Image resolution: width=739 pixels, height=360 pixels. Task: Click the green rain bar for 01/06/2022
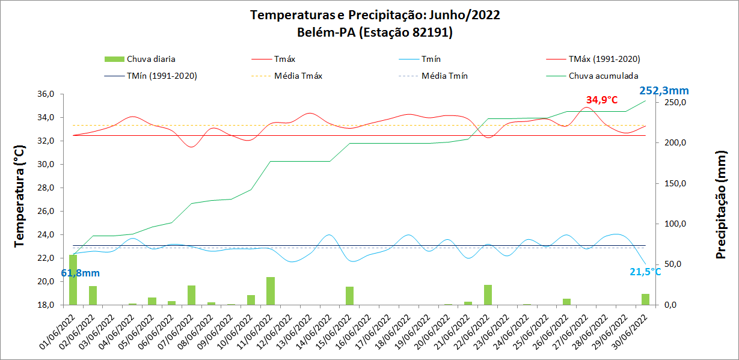[73, 279]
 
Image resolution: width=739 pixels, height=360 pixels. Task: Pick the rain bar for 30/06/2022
[645, 299]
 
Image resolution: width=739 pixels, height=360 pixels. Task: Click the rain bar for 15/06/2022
[349, 296]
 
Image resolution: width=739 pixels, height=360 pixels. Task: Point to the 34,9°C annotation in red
[602, 100]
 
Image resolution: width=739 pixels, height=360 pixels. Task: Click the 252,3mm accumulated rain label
[664, 91]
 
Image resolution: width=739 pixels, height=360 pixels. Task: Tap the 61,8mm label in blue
[80, 273]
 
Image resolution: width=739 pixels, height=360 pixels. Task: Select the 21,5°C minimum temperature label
[645, 272]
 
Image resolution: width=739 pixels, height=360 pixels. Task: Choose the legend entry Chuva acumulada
[603, 76]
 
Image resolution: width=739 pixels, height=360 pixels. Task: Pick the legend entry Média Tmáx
[298, 76]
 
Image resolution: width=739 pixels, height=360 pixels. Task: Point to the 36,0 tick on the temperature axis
[46, 94]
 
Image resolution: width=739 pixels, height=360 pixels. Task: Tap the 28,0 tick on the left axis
[46, 188]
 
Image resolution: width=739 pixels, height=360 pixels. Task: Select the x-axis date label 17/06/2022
[379, 329]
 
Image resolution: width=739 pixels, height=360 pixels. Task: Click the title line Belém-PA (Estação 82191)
[375, 32]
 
